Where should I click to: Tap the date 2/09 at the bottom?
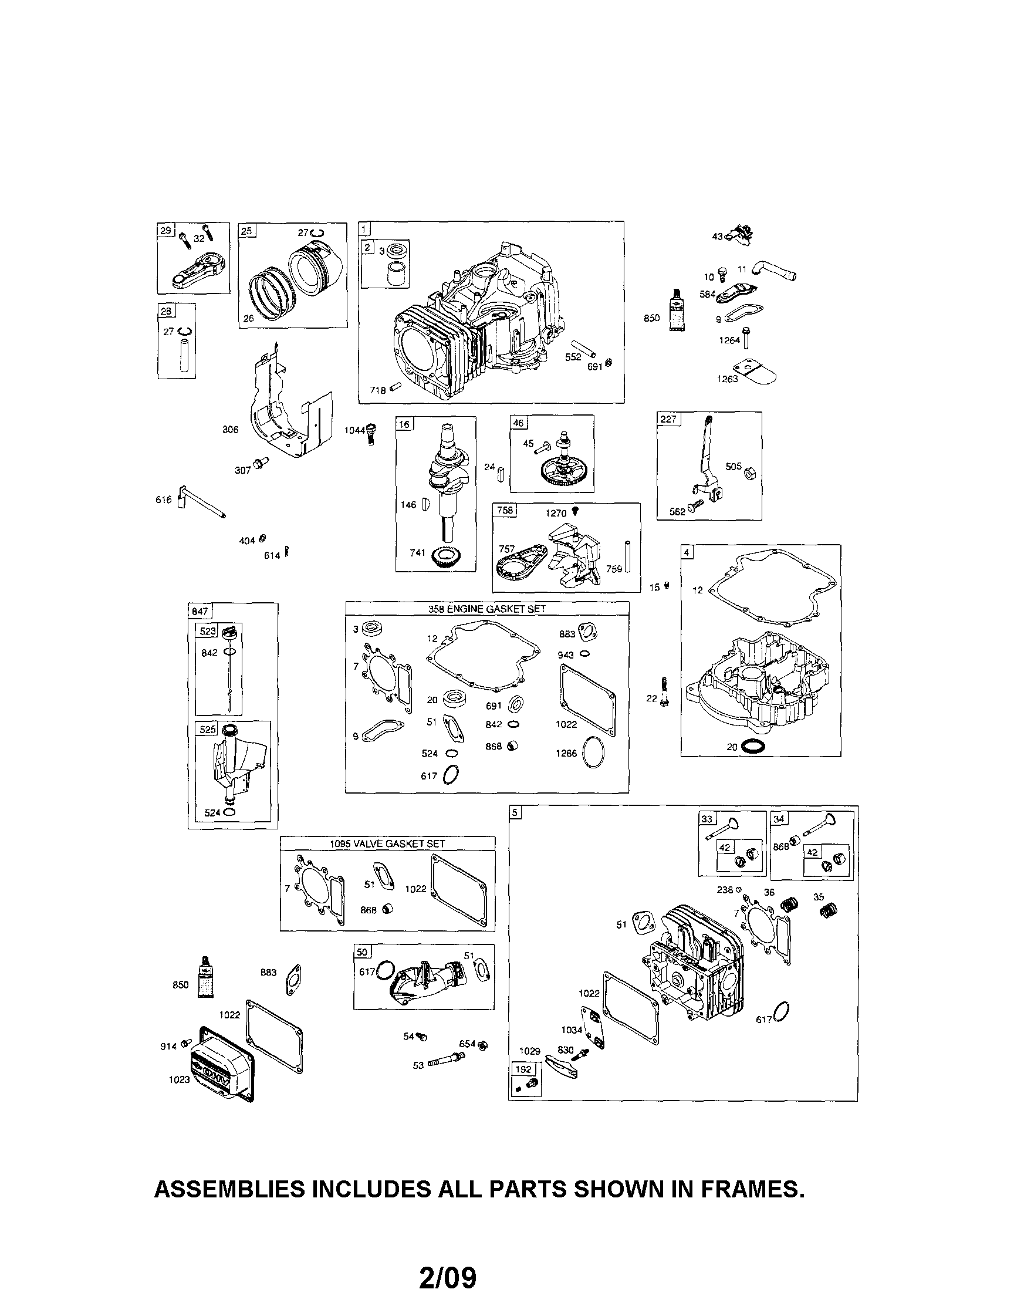pos(448,1275)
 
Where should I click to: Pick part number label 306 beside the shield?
pos(230,429)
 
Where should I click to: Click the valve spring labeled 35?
pos(829,912)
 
